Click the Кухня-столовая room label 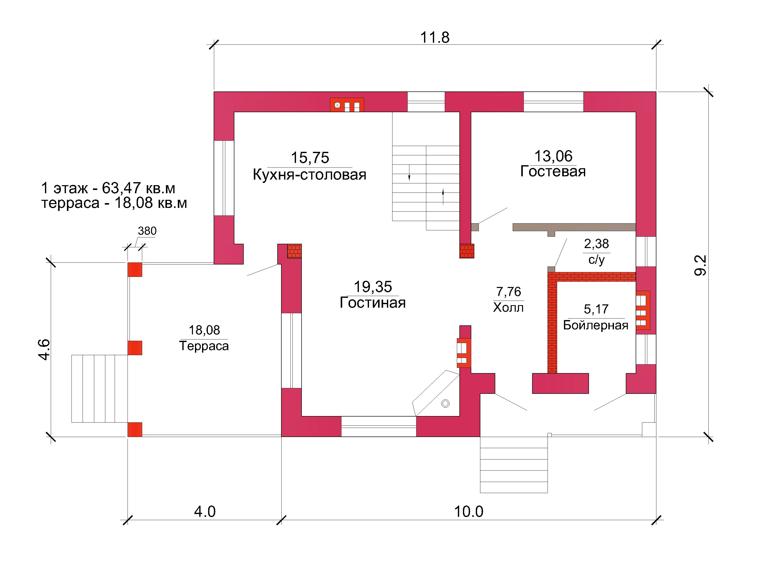[309, 175]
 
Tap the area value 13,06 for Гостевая [553, 156]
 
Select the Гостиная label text [373, 302]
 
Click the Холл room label [508, 308]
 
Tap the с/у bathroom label [597, 259]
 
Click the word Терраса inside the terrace [204, 346]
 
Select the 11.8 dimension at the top [435, 37]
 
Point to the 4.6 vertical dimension [44, 350]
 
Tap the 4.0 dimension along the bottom [205, 512]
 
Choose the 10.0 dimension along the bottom [468, 512]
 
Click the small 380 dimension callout [147, 231]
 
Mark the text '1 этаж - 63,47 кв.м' [108, 188]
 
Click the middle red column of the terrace [135, 348]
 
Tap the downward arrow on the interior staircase [409, 172]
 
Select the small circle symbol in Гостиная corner [445, 403]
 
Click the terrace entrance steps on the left [100, 389]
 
